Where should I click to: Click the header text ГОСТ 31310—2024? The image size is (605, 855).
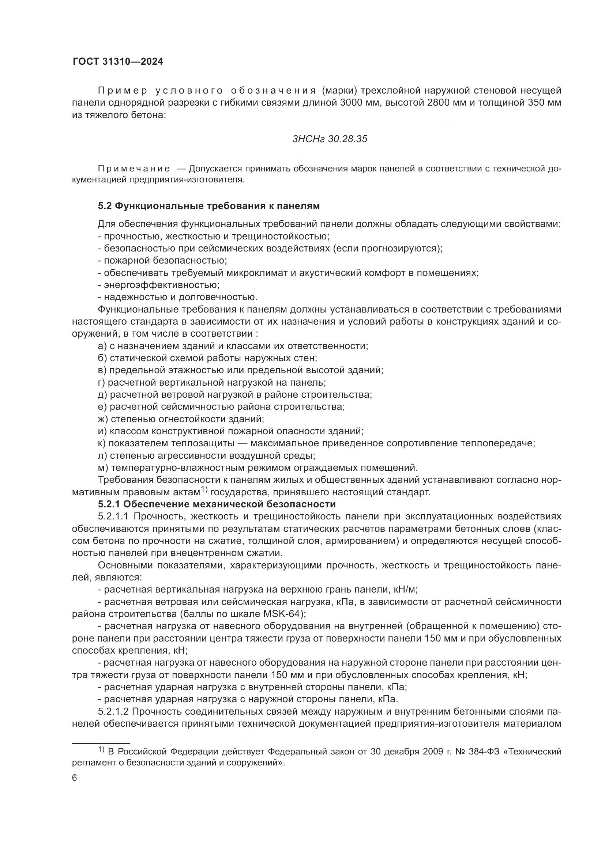(x=118, y=62)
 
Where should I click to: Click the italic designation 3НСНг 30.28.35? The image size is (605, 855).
(x=330, y=139)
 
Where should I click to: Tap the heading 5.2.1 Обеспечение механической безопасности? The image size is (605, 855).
(x=217, y=504)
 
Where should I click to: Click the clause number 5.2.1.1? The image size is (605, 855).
(x=113, y=517)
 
